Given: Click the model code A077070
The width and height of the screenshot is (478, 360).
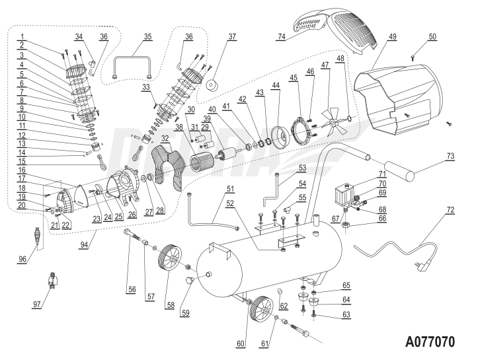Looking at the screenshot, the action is point(430,342).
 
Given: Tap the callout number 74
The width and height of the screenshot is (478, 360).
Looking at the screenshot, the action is point(281,36).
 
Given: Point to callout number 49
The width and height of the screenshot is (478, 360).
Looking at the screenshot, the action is point(393,36).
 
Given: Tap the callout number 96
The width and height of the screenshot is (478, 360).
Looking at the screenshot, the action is point(22,259).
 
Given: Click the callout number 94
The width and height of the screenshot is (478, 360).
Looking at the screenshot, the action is point(84,245).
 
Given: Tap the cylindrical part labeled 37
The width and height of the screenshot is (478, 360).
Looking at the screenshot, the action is point(212,86).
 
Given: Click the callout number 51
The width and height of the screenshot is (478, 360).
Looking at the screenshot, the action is point(230,189).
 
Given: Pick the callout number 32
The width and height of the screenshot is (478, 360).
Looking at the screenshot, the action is point(165,138).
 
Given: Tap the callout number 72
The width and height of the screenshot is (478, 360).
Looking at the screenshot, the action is point(450,210).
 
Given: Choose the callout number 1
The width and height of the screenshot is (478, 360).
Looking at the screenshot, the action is point(22,36).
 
